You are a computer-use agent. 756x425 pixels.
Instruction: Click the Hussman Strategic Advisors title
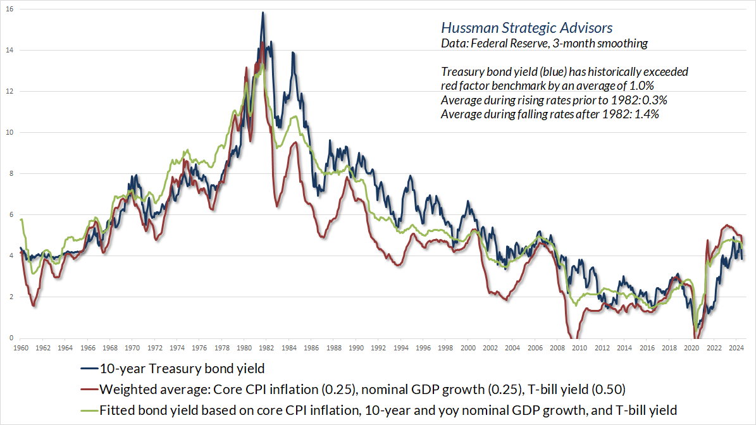pyautogui.click(x=526, y=28)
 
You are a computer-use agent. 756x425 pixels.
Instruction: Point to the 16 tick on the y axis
pyautogui.click(x=9, y=9)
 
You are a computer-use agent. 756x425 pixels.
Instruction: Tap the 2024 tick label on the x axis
pyautogui.click(x=736, y=348)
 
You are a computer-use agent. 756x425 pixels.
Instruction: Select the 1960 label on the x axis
pyautogui.click(x=21, y=348)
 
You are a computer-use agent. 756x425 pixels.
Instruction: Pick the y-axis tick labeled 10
pyautogui.click(x=9, y=132)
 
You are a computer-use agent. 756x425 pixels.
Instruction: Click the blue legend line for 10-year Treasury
pyautogui.click(x=89, y=369)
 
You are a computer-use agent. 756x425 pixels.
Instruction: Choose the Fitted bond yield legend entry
pyautogui.click(x=387, y=410)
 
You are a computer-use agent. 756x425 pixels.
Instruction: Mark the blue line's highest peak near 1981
pyautogui.click(x=263, y=13)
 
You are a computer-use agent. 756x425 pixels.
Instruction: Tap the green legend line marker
pyautogui.click(x=89, y=410)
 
